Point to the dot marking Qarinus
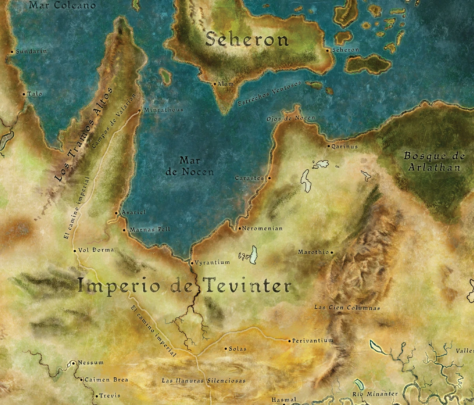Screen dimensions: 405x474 click(328, 146)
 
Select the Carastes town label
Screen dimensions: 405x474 click(249, 178)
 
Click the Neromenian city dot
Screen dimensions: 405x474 click(239, 229)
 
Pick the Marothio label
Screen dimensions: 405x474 click(313, 252)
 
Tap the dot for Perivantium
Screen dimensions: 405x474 click(289, 341)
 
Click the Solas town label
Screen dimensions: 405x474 click(237, 349)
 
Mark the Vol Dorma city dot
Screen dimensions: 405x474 click(75, 250)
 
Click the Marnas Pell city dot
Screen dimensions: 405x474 click(124, 230)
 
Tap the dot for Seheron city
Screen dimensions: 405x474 click(327, 51)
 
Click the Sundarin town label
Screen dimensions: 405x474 click(31, 51)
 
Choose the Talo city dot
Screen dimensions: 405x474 click(24, 94)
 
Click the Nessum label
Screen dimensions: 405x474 click(91, 362)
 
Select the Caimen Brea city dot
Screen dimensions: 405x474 click(81, 380)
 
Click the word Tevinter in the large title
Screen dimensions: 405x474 click(246, 287)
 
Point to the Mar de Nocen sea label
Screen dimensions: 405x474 click(196, 166)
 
